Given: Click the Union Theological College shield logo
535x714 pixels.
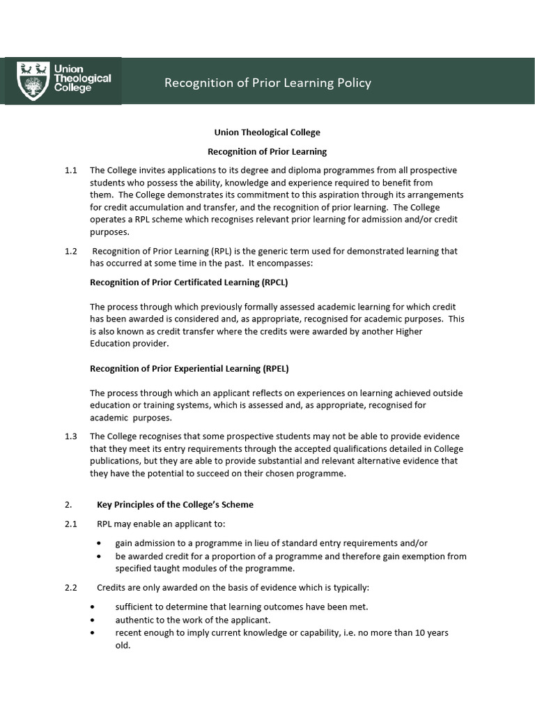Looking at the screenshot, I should [32, 81].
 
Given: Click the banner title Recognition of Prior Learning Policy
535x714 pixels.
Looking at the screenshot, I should [267, 83].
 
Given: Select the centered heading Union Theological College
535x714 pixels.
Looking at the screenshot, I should [267, 132].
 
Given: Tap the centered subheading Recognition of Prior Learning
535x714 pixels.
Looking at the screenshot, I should [267, 151].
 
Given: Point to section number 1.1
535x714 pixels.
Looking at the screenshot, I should [70, 170].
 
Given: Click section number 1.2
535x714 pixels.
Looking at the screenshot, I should [70, 251].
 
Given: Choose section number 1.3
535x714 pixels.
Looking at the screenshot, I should [70, 436].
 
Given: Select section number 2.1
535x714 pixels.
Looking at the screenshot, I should [70, 524].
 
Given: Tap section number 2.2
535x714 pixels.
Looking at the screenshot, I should [70, 588].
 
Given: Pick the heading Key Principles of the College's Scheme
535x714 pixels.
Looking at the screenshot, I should [175, 504].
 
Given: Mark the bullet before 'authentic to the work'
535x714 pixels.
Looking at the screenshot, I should [92, 620].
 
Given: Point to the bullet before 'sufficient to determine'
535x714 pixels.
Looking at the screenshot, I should [92, 607].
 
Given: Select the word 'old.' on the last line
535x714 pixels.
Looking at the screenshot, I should [123, 645].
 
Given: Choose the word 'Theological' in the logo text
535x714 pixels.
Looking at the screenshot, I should [83, 79].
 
